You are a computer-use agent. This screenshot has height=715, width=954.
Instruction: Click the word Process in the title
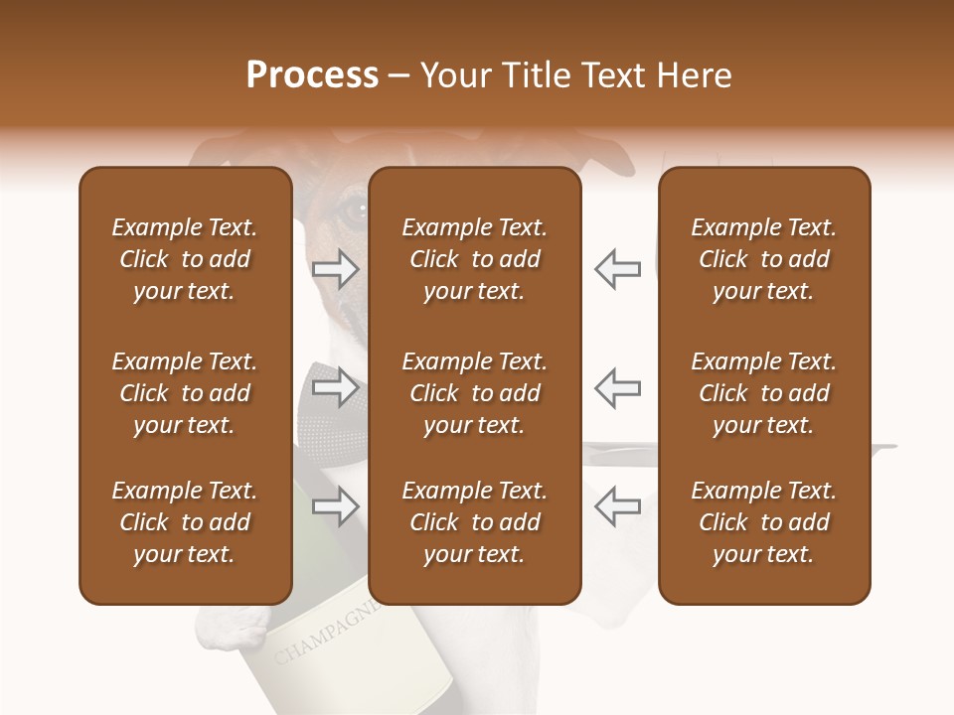coord(312,75)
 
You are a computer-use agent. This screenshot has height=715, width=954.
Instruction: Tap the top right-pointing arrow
coord(335,269)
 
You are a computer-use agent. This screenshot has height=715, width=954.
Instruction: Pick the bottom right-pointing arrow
coord(335,506)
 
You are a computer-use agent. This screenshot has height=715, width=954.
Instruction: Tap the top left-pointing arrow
coord(617,269)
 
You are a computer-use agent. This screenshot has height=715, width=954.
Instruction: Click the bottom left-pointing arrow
coord(617,506)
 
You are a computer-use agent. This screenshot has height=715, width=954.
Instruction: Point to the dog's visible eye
coord(354,211)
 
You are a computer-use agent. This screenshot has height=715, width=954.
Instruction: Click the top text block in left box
coord(185,259)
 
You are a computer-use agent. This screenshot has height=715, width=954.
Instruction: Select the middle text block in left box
coord(185,393)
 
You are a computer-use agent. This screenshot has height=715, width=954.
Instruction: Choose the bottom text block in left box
coord(185,522)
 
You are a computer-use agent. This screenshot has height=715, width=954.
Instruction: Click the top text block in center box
coord(474,259)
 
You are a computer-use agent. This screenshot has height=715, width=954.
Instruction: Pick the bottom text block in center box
coord(474,522)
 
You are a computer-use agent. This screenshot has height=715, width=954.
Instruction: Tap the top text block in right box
coord(763,259)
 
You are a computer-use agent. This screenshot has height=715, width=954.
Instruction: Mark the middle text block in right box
coord(763,393)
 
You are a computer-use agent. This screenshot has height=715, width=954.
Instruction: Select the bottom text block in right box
coord(763,522)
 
